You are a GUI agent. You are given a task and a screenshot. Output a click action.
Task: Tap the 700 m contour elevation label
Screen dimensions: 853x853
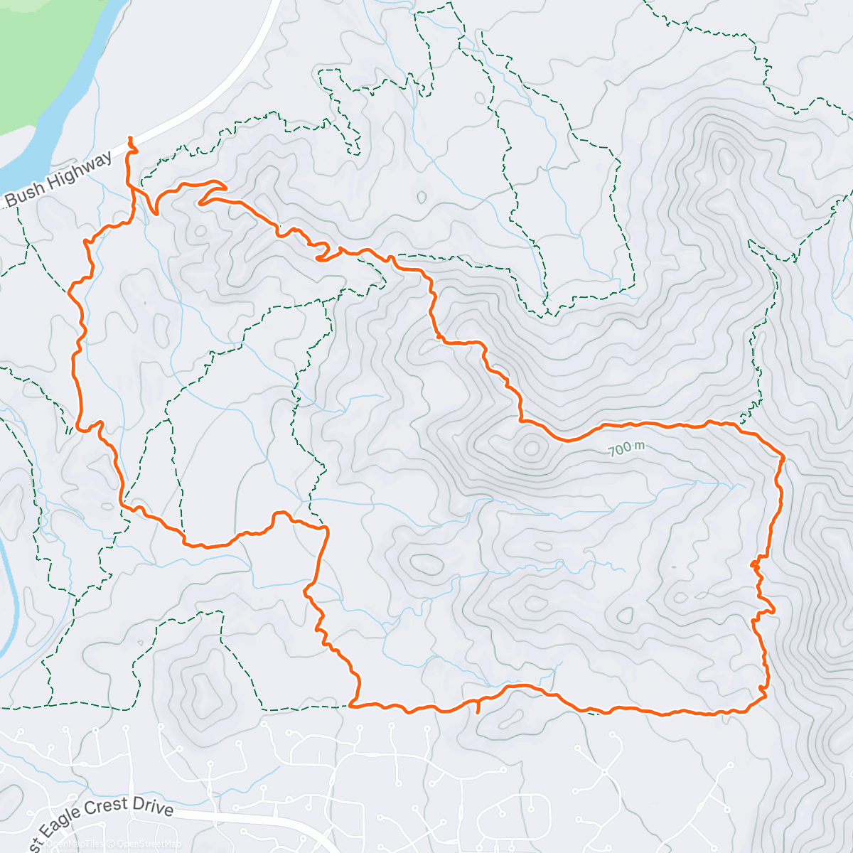[626, 449]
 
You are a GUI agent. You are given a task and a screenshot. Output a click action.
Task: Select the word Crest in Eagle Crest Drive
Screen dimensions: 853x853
[109, 810]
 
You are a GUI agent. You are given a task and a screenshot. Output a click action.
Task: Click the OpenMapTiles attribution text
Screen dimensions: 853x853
[77, 844]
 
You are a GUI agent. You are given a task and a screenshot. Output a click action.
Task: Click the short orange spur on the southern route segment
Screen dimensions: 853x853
[478, 707]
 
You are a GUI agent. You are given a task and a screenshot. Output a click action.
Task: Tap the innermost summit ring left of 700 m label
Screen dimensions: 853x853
[531, 448]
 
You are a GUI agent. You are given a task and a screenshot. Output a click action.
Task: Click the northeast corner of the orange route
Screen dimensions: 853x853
[783, 456]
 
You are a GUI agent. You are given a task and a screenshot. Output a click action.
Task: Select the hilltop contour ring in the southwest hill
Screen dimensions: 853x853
[200, 688]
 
